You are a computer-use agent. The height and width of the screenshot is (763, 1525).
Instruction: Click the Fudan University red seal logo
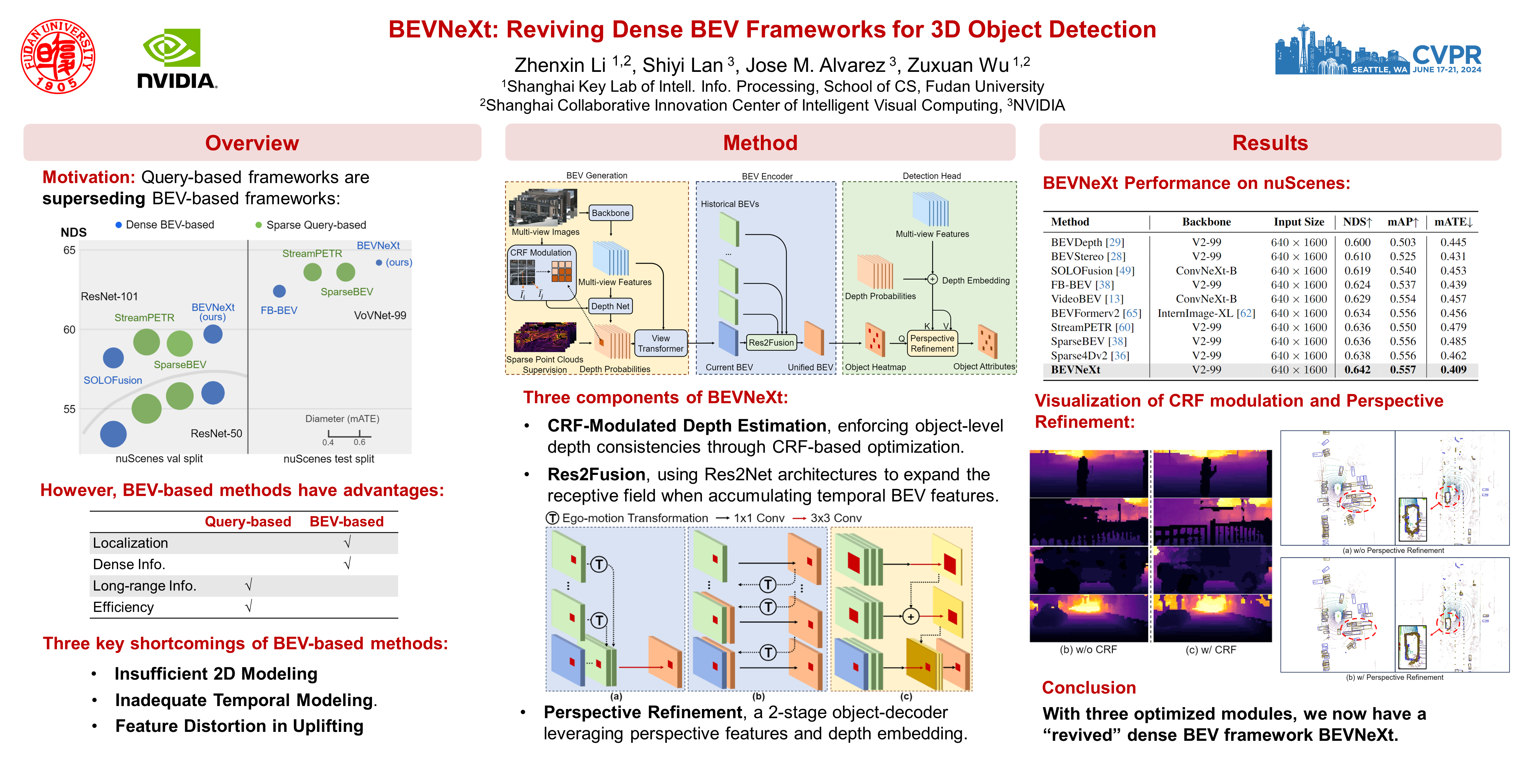58,56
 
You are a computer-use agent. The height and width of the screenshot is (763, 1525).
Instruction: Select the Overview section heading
252,143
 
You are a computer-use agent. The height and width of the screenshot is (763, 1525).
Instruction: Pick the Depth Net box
610,306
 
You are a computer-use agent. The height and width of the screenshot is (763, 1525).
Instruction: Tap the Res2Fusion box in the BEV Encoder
771,342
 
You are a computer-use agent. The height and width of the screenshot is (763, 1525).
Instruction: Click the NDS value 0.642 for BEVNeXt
1357,370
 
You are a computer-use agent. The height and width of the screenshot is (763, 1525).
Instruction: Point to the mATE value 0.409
1454,370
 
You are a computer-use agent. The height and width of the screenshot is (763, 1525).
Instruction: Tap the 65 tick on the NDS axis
69,250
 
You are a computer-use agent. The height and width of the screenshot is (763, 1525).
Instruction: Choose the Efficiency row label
123,607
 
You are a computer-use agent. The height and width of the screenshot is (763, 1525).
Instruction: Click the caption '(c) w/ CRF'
1211,650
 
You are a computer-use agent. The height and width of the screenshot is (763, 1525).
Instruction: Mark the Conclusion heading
1089,688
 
